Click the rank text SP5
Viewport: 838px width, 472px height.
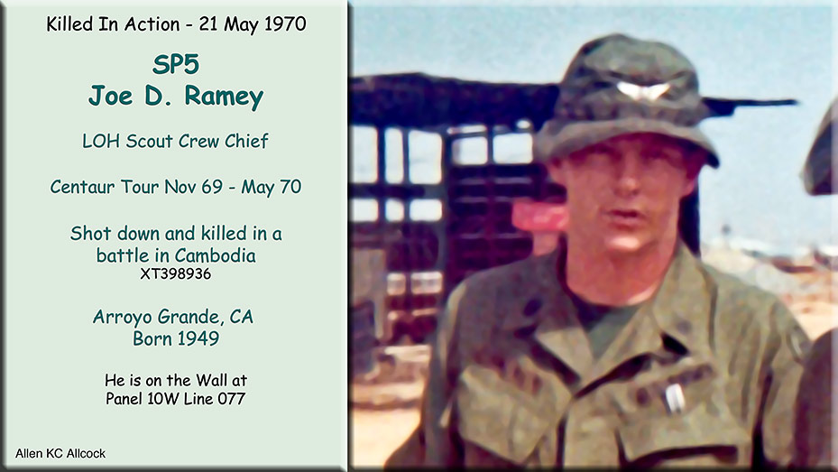[x=176, y=65]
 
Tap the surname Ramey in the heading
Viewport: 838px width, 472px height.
[x=224, y=97]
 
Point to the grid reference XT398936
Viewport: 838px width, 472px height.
[x=176, y=273]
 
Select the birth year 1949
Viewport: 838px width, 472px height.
[x=198, y=339]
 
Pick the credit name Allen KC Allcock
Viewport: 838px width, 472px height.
[x=60, y=454]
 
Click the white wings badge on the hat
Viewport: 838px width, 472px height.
[x=642, y=90]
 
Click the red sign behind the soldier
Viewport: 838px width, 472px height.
[x=539, y=217]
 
